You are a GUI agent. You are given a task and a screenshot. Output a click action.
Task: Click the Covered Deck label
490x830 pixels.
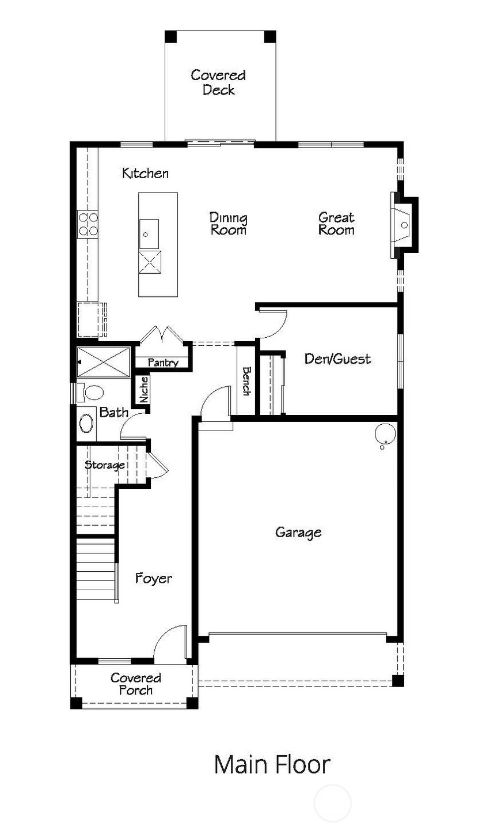point(218,82)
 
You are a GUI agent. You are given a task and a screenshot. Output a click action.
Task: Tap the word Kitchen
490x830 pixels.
point(145,173)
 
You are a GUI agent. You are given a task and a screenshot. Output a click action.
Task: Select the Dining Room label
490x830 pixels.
point(228,224)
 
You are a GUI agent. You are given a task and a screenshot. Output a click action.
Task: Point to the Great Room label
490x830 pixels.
point(336,224)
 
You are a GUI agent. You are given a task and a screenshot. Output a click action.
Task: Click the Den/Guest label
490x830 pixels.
point(337,359)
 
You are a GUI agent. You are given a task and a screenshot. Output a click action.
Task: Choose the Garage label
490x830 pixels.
point(298,532)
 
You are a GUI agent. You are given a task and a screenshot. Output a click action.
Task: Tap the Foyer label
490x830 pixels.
point(153,578)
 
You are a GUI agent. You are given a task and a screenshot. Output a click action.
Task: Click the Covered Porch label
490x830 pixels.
point(135,684)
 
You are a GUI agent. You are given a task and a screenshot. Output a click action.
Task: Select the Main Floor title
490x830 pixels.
point(272,765)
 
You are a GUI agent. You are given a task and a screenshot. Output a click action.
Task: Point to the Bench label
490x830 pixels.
point(246,381)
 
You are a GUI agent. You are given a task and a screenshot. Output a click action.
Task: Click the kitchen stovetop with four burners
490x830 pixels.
point(88,224)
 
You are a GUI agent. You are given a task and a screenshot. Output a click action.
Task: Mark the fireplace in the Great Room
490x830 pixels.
point(404,224)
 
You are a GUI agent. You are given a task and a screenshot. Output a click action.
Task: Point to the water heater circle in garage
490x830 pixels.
point(385,432)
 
